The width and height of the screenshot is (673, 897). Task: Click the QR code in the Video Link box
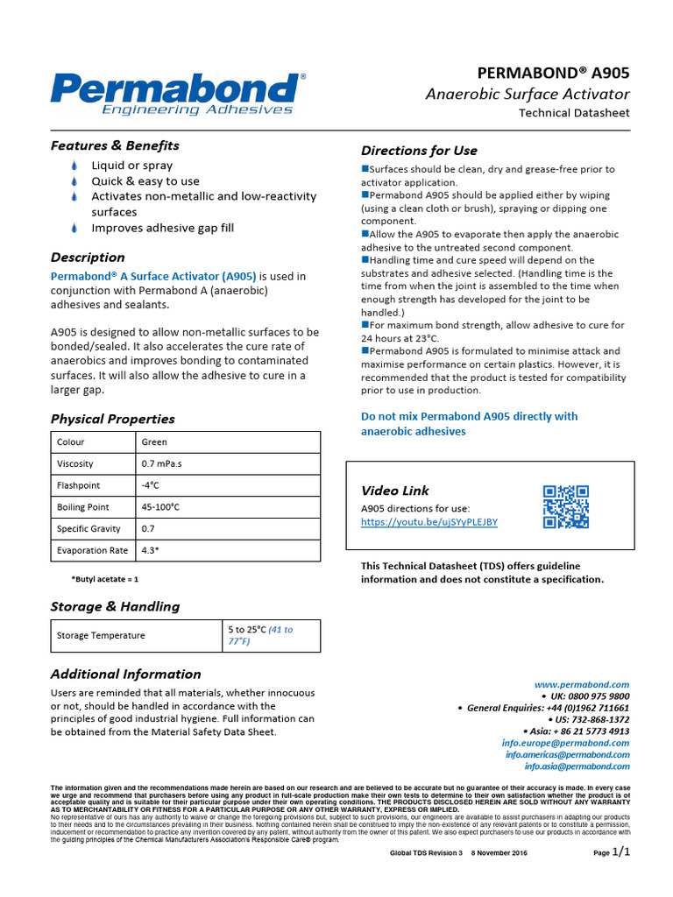pos(565,507)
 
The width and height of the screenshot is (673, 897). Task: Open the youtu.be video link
pos(429,522)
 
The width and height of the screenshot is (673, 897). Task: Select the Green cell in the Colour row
pos(154,442)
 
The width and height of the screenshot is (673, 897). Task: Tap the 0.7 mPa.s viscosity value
pos(160,464)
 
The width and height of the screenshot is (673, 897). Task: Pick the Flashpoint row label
pos(78,485)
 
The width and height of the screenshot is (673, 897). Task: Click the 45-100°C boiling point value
pos(160,507)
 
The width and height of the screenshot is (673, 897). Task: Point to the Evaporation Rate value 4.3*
pos(150,551)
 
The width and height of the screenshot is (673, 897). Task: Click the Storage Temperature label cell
pos(101,636)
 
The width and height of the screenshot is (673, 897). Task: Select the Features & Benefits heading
pos(115,145)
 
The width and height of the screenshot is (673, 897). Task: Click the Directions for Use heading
pos(419,151)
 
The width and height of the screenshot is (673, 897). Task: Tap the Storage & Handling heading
pos(115,606)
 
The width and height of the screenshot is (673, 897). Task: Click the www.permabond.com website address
pos(582,684)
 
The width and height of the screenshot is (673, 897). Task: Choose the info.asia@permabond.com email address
pos(577,766)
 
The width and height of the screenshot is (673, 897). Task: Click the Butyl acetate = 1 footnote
pos(104,579)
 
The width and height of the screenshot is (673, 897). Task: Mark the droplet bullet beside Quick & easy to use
pos(74,181)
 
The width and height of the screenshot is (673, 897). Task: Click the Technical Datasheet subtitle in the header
pos(574,113)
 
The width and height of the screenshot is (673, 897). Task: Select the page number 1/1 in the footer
pos(620,851)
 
